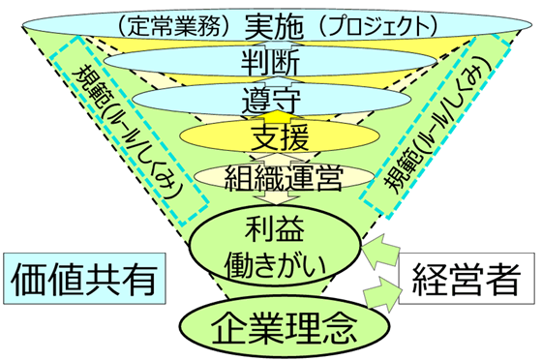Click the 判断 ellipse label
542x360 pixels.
tap(270, 64)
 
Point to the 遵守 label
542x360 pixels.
tap(270, 100)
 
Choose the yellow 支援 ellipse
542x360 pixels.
tap(270, 136)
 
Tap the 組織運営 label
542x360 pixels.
tap(270, 177)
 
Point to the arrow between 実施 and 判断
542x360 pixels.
tap(270, 44)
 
